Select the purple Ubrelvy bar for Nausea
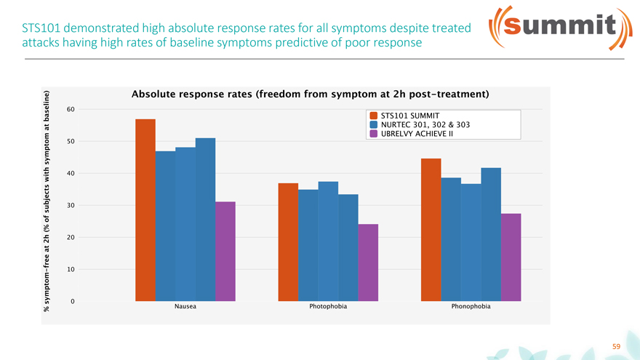(225, 251)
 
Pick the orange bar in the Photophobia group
(288, 241)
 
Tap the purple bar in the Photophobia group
(368, 262)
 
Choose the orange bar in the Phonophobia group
(431, 229)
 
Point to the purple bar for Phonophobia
(511, 257)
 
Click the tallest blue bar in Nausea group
(205, 219)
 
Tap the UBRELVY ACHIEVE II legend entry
(412, 134)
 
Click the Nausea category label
(185, 307)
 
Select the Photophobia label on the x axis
(328, 307)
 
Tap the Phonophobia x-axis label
(471, 307)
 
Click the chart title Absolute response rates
(309, 95)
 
